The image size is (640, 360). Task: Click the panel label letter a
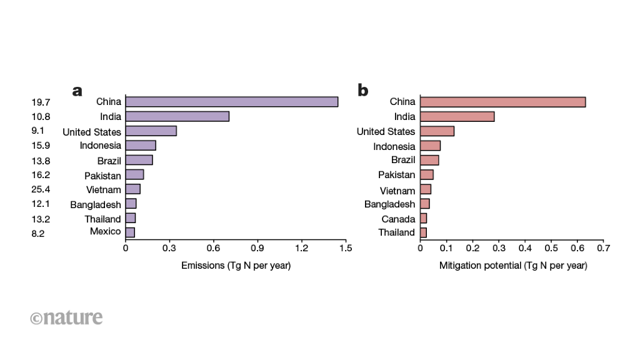(77, 91)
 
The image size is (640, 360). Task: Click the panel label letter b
(362, 91)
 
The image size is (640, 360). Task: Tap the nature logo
(66, 317)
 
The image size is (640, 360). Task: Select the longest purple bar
(231, 102)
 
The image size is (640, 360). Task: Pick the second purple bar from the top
(177, 116)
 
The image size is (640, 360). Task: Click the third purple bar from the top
(151, 131)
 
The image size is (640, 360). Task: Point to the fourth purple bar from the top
(140, 146)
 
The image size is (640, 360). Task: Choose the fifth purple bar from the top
(139, 160)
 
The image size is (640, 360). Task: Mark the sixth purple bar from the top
(134, 174)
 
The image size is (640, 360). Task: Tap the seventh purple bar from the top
(132, 189)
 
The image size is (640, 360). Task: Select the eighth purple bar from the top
(131, 203)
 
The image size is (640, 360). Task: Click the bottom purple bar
(130, 232)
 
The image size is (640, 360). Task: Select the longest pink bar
(502, 102)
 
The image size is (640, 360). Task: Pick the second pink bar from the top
(457, 116)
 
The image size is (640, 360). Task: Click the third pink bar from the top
(437, 131)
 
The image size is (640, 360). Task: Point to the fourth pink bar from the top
(430, 146)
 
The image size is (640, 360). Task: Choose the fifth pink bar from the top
(429, 160)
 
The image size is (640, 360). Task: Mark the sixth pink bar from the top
(426, 174)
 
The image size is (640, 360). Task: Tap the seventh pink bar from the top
(425, 189)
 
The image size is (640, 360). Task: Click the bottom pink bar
(423, 232)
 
